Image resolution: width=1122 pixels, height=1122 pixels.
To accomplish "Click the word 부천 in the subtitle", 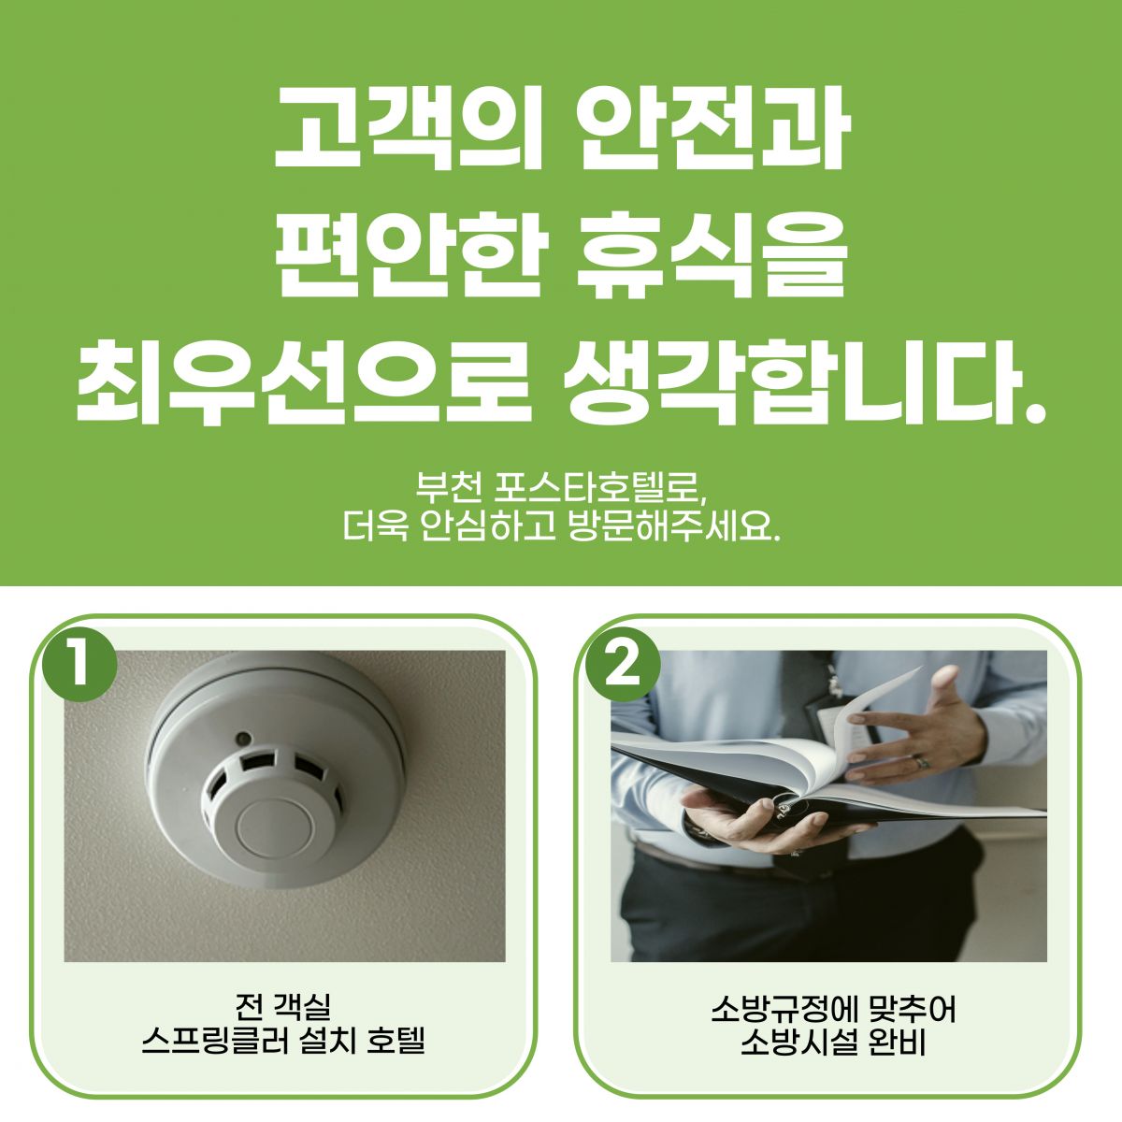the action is tap(449, 487).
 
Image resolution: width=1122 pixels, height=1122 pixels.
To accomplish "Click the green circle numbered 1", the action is tap(79, 665).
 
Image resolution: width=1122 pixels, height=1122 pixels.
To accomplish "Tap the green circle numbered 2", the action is tap(623, 665).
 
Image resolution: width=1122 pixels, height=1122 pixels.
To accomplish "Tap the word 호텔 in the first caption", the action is tap(396, 1041).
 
